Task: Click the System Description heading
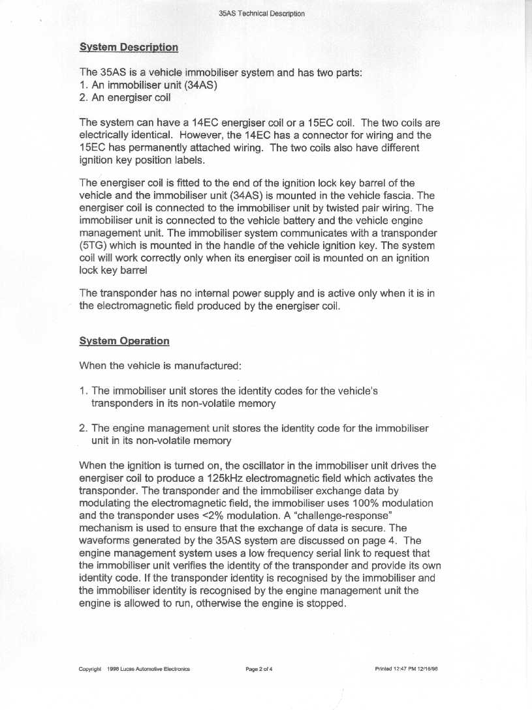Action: point(128,47)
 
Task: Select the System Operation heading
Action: point(124,341)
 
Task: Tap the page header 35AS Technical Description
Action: point(262,13)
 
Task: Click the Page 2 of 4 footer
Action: point(258,669)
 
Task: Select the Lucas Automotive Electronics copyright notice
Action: point(134,669)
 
